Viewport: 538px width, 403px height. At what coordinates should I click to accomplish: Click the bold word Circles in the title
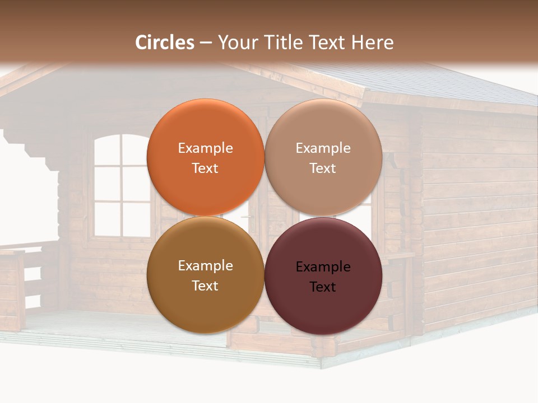tap(165, 43)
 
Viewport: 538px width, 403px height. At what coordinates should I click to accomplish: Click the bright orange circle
tap(205, 129)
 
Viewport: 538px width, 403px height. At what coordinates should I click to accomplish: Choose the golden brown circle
tap(205, 308)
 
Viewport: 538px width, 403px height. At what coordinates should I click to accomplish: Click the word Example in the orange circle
tap(205, 148)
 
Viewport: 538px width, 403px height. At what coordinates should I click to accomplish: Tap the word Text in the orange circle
tap(205, 168)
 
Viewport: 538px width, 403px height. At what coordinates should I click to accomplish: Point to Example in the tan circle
tap(323, 148)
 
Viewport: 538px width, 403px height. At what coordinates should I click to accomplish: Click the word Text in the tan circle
tap(323, 168)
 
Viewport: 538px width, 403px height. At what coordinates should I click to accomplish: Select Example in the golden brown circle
tap(205, 266)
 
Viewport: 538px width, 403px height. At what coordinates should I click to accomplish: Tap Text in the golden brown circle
tap(205, 285)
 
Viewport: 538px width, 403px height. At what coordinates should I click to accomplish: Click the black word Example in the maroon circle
tap(323, 267)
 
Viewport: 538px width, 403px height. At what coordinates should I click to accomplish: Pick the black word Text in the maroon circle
tap(323, 287)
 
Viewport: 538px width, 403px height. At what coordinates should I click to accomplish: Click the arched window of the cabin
tap(120, 185)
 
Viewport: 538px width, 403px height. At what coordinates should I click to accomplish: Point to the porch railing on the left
tap(17, 285)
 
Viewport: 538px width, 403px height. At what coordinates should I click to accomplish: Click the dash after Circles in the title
tap(206, 43)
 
